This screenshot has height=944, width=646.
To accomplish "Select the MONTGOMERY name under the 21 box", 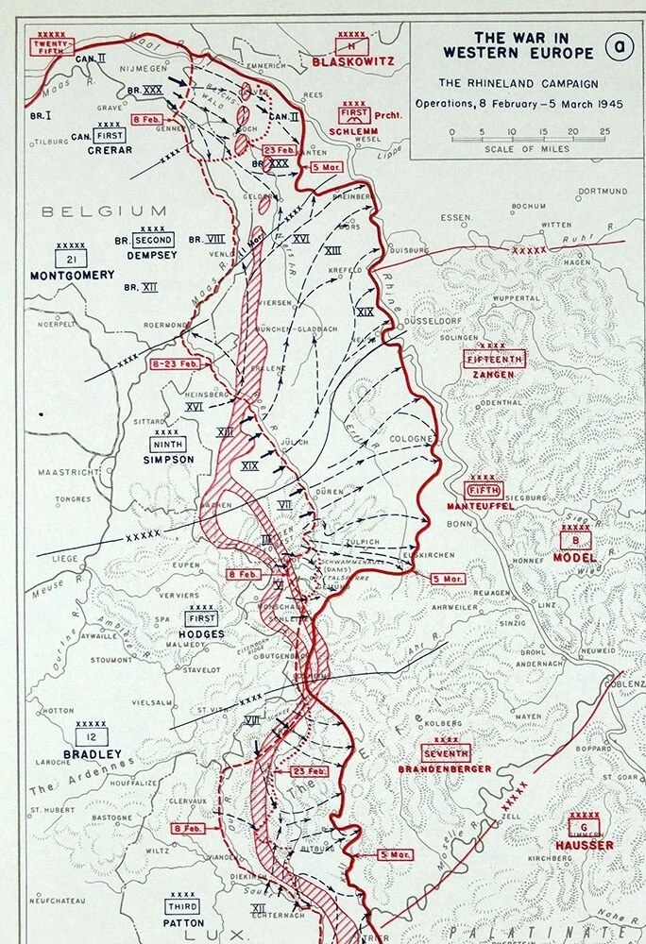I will (x=72, y=275).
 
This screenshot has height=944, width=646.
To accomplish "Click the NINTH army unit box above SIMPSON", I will (x=169, y=444).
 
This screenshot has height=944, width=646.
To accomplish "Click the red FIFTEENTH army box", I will (x=494, y=359).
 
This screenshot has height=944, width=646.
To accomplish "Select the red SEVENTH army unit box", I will (x=447, y=753).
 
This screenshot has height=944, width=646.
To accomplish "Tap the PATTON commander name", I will (x=183, y=922).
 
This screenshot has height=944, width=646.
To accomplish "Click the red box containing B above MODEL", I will (x=575, y=540).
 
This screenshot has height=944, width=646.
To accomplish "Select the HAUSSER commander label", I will (x=585, y=845).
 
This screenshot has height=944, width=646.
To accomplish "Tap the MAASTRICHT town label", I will (x=68, y=471).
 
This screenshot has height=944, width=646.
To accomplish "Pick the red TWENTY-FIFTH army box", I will (x=53, y=47).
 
